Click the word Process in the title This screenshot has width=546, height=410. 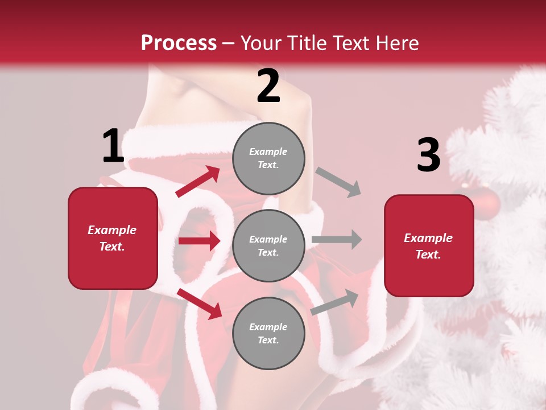click(x=179, y=43)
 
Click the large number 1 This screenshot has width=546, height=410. click(x=113, y=146)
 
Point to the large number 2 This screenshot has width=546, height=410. click(x=268, y=86)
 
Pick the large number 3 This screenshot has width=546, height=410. click(x=428, y=155)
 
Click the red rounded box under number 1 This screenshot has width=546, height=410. click(x=113, y=238)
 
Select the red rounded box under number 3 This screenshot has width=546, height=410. click(x=429, y=246)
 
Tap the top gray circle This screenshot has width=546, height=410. click(x=268, y=158)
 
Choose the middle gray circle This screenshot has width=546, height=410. click(x=268, y=245)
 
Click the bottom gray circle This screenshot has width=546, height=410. click(x=268, y=333)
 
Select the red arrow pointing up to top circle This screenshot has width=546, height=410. click(x=198, y=182)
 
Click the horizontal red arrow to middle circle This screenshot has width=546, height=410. click(x=199, y=241)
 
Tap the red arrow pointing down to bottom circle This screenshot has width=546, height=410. click(x=200, y=303)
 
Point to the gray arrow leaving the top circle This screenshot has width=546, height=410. click(x=338, y=182)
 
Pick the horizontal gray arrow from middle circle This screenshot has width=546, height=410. click(x=337, y=240)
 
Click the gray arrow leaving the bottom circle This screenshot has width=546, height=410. click(x=335, y=302)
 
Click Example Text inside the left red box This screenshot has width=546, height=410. click(x=113, y=238)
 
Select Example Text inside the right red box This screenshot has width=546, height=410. click(x=429, y=246)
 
